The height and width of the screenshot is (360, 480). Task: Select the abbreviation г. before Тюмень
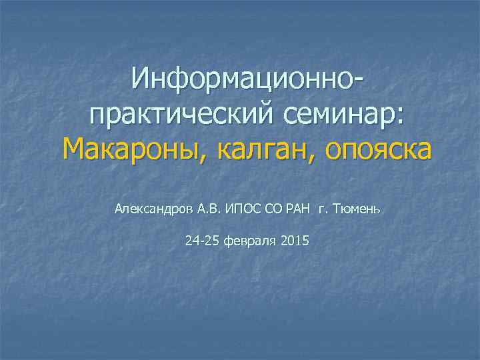pos(323,209)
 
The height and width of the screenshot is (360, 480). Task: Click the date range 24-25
pos(202,240)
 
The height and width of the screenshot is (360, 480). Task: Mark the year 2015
pos(295,240)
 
